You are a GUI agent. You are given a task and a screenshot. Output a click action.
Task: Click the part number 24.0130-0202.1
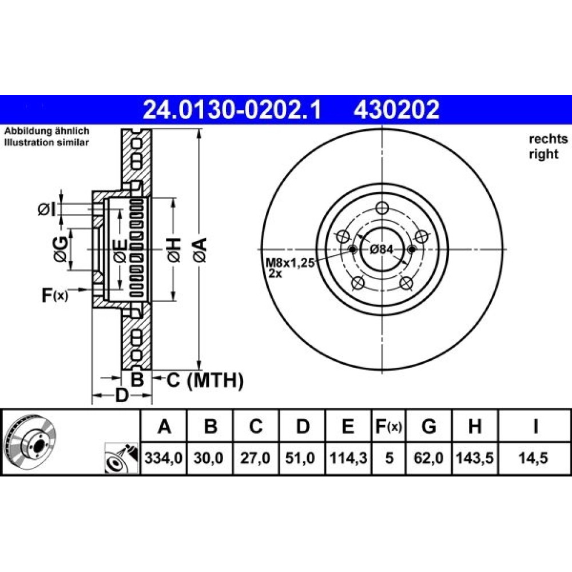[232, 110]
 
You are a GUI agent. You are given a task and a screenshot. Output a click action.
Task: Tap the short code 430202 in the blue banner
[396, 110]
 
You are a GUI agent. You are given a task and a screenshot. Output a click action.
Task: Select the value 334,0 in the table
[164, 458]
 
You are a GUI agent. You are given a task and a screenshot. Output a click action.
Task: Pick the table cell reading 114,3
[348, 458]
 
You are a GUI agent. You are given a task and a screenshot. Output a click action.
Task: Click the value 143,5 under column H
[475, 458]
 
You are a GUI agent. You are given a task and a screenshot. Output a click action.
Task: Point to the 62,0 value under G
[428, 458]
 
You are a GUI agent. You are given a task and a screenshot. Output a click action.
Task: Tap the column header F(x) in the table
[388, 427]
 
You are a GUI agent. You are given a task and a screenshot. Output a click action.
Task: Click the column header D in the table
[303, 427]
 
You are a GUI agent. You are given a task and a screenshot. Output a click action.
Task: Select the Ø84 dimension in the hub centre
[382, 249]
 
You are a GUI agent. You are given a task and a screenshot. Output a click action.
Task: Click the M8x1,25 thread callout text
[289, 263]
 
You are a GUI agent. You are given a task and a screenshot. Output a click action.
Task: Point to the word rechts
[549, 139]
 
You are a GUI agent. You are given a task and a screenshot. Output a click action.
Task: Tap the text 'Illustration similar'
[46, 142]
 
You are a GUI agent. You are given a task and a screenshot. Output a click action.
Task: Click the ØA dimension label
[200, 250]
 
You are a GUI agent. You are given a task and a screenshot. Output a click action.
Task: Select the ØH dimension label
[174, 250]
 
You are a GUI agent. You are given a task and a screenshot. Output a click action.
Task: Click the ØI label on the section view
[47, 210]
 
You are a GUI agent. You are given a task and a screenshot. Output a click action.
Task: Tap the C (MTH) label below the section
[205, 380]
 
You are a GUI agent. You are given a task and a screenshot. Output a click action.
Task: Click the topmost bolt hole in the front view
[382, 208]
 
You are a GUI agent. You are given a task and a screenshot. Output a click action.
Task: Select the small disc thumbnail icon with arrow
[121, 459]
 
